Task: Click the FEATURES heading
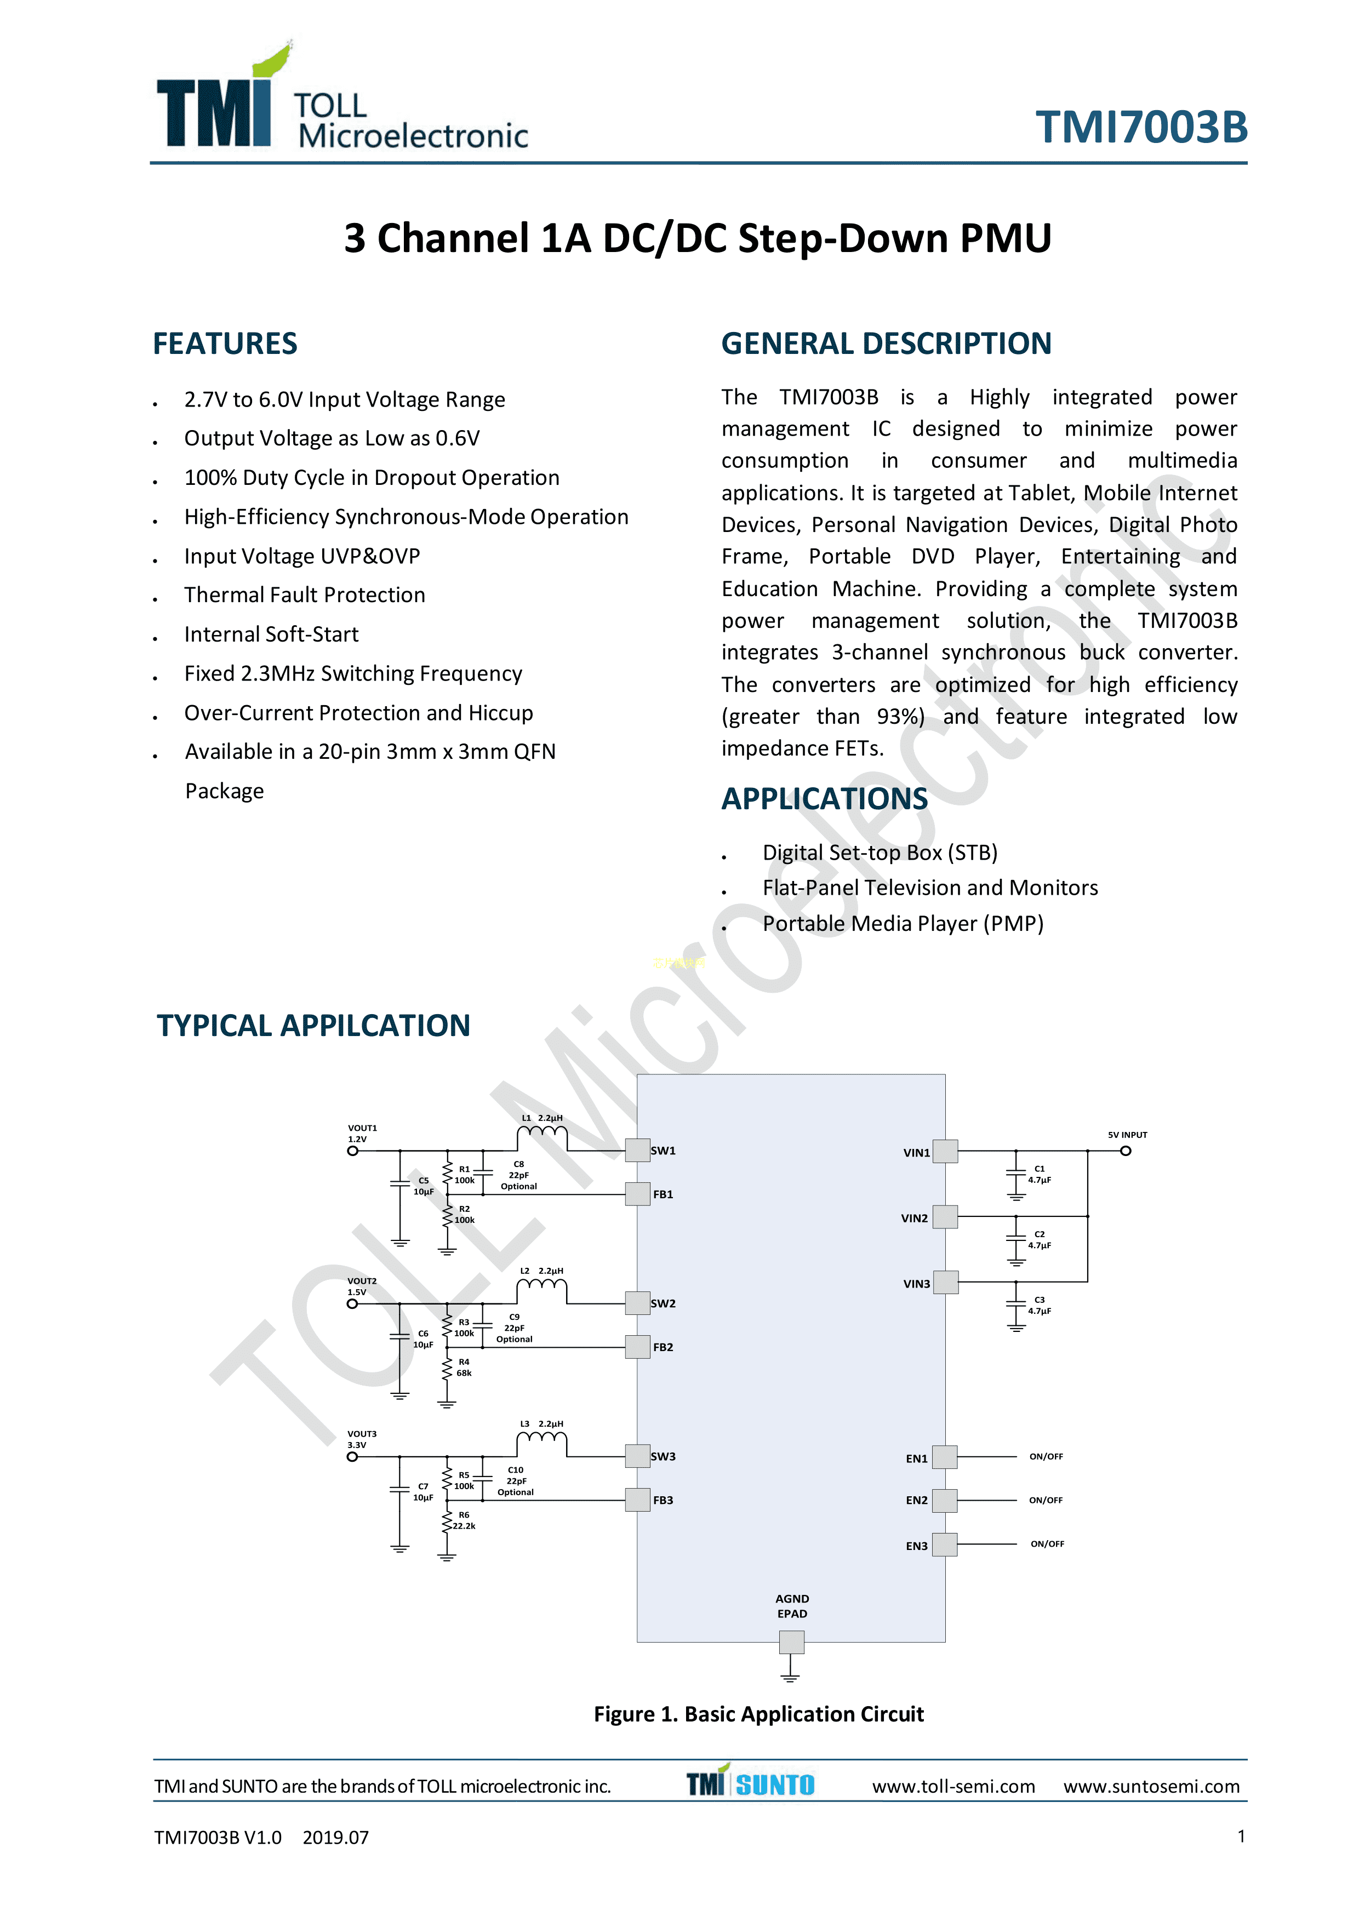click(x=225, y=343)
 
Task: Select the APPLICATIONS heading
click(x=824, y=799)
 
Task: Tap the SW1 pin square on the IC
click(x=637, y=1150)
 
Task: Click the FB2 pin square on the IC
click(x=637, y=1347)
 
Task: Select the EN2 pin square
click(x=945, y=1500)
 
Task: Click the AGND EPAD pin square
click(x=791, y=1641)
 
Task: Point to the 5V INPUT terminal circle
click(x=1126, y=1151)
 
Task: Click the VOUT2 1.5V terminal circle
click(x=352, y=1303)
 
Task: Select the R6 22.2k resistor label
click(x=464, y=1520)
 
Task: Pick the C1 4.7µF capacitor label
click(x=1039, y=1174)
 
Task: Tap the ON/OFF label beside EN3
click(x=1047, y=1543)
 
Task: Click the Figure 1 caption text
click(x=758, y=1714)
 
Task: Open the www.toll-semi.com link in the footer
click(x=953, y=1786)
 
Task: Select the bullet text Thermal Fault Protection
click(x=305, y=594)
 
